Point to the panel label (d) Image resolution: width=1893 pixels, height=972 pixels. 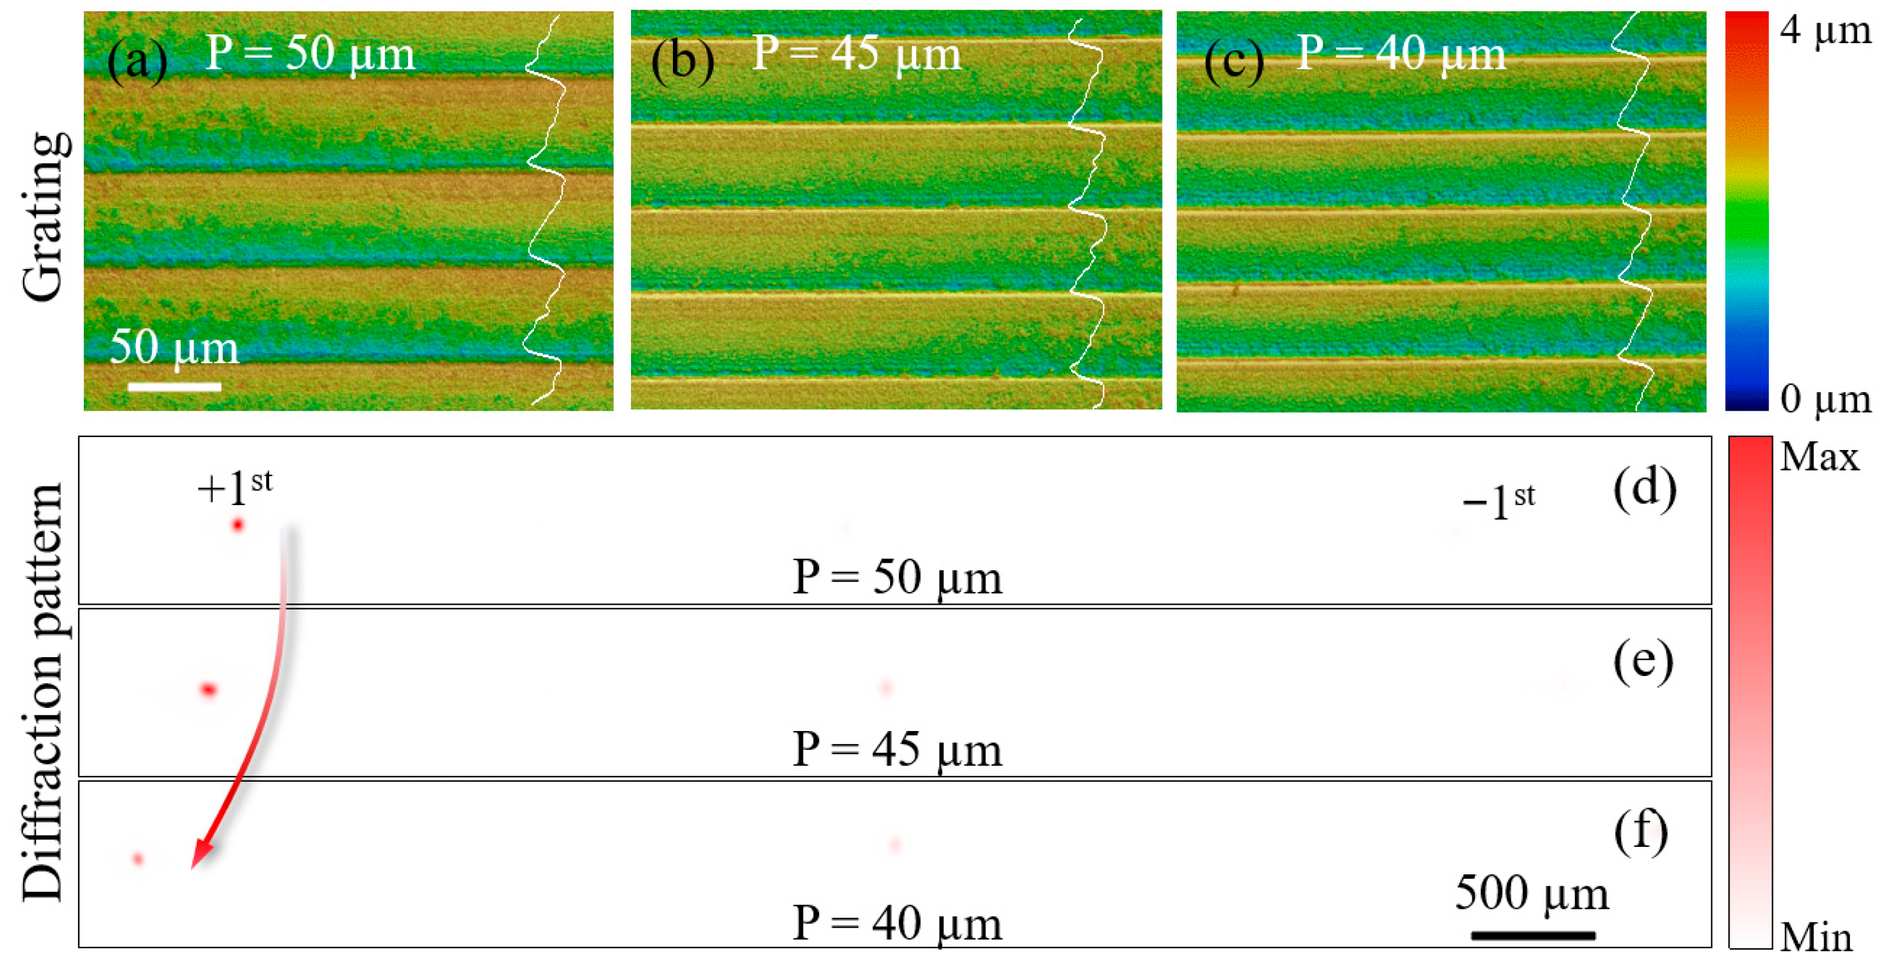coord(1644,489)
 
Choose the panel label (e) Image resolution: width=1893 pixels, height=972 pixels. coord(1643,661)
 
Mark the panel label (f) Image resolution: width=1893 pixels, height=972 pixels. coord(1641,833)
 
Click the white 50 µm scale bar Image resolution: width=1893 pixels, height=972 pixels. coord(174,386)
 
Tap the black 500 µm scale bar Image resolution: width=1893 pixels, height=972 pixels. coord(1533,935)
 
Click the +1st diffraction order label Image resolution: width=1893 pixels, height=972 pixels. coord(234,488)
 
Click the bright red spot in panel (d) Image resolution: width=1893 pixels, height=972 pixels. coord(237,524)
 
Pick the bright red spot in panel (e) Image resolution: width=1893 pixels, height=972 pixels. coord(208,689)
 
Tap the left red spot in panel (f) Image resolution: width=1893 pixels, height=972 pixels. coord(138,858)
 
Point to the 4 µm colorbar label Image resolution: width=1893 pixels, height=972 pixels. coord(1825,31)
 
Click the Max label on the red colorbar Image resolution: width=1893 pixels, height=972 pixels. coord(1820,457)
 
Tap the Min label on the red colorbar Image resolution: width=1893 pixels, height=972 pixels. coord(1817,938)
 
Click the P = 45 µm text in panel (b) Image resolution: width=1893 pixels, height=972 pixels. coord(856,53)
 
